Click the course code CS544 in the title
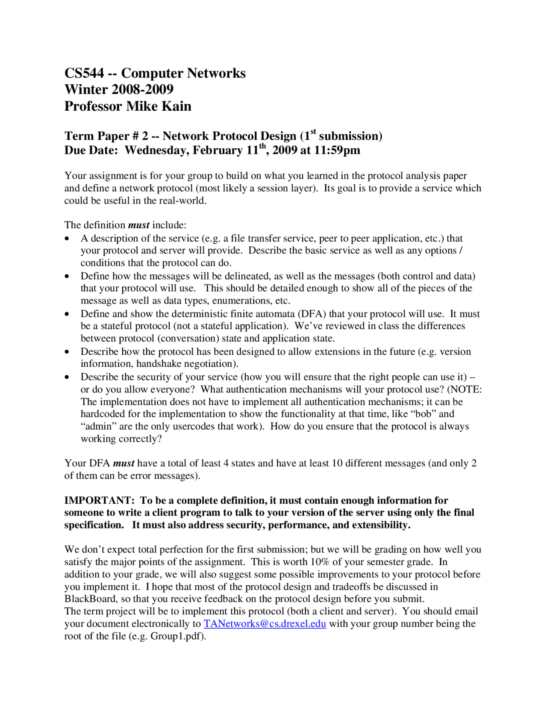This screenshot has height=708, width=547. pos(84,73)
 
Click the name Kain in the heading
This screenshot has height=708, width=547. pos(176,106)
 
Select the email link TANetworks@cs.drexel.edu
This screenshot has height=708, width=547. pos(265,624)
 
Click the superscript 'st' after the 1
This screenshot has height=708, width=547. pos(313,132)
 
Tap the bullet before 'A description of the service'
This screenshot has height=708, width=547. pos(67,239)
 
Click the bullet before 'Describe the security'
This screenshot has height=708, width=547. pos(67,377)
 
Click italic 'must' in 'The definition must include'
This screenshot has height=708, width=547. pos(138,225)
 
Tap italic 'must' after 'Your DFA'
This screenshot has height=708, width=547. pos(124,463)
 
